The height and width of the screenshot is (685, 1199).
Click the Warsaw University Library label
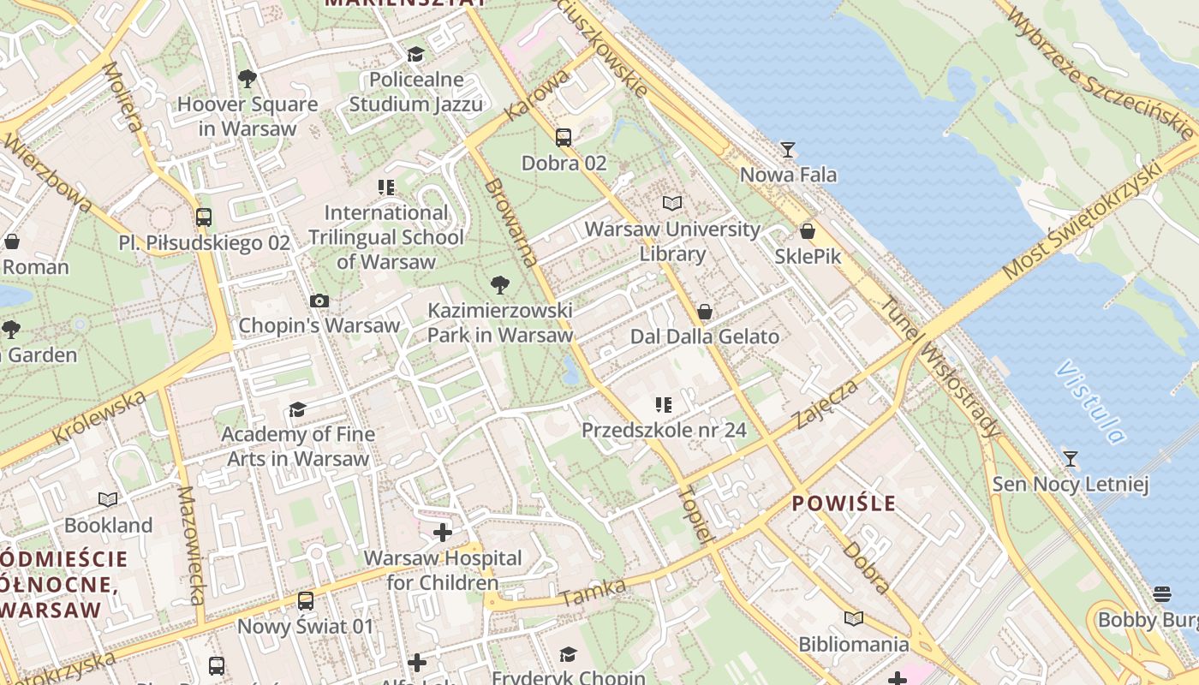coord(672,241)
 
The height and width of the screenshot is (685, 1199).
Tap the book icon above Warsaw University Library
coord(672,204)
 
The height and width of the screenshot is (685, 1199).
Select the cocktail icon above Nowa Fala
coord(788,150)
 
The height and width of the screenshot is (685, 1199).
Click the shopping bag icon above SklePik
coord(807,231)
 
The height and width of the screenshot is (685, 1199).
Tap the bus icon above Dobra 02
coord(564,137)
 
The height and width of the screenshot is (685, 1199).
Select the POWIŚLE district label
coord(844,503)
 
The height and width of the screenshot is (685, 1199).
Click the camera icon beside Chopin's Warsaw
coord(319,301)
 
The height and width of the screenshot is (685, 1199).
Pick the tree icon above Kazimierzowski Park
coord(500,285)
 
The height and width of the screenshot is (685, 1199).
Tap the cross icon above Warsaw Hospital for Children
coord(443,533)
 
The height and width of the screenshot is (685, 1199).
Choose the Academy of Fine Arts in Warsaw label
coord(298,446)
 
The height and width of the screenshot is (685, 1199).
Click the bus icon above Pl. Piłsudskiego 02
coord(204,217)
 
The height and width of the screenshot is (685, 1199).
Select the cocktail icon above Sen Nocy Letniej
coord(1070,458)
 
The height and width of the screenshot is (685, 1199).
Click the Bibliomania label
coord(854,644)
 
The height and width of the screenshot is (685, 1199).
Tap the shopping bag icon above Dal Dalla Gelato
coord(705,311)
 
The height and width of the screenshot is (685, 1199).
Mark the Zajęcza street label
coord(826,404)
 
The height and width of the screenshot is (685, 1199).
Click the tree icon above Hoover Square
coord(248,79)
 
